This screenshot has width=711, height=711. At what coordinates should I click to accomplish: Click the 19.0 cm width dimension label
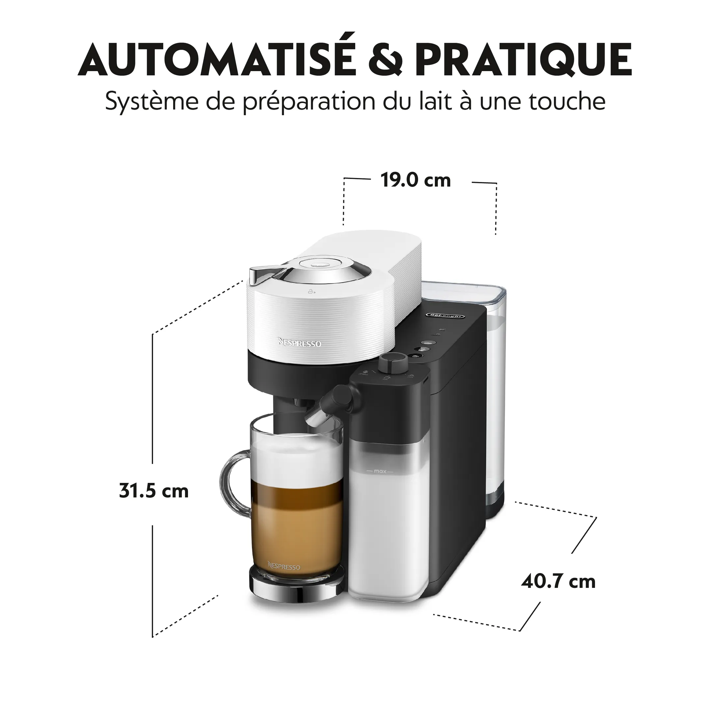(415, 181)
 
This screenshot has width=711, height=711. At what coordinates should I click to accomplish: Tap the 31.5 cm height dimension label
(154, 491)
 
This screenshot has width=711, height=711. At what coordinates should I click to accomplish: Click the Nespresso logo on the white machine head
(300, 343)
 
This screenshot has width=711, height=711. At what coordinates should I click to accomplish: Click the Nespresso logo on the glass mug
(284, 566)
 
